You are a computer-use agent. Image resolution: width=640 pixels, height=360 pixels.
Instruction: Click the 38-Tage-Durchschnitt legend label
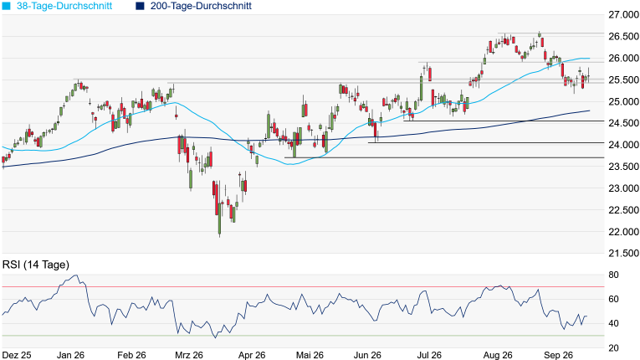[x=64, y=6]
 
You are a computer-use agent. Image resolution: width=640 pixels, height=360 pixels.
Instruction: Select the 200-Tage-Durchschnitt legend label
[x=201, y=6]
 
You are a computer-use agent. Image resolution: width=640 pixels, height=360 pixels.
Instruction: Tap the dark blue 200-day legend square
[x=141, y=6]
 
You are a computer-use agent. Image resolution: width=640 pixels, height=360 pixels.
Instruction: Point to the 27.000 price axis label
[x=623, y=15]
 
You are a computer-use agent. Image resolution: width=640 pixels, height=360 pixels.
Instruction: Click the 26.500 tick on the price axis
[x=623, y=36]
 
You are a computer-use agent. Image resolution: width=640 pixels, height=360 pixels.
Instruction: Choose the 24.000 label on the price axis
[x=623, y=145]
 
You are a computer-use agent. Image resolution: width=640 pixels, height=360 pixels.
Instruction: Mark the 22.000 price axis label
[x=623, y=232]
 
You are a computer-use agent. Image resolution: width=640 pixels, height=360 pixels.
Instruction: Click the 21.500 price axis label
[x=623, y=254]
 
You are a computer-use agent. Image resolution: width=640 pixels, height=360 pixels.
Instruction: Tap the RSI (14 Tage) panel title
[x=36, y=265]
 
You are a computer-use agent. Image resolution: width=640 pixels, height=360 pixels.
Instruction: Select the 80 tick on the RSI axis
[x=613, y=275]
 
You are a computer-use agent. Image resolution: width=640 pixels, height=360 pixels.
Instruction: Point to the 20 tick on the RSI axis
[x=613, y=348]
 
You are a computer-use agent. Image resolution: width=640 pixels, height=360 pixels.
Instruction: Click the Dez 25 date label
[x=17, y=355]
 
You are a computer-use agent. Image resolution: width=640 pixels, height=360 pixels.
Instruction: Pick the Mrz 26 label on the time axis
[x=189, y=355]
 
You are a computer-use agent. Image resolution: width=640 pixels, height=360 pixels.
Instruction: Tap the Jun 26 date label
[x=367, y=355]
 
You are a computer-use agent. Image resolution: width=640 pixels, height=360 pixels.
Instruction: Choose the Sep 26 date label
[x=558, y=355]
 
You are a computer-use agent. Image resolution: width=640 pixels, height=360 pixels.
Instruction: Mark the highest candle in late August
[x=540, y=34]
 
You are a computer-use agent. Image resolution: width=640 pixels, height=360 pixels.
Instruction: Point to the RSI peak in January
[x=75, y=275]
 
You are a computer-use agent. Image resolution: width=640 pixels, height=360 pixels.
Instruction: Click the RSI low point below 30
[x=216, y=337]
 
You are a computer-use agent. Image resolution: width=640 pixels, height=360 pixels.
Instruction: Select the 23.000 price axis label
[x=623, y=188]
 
